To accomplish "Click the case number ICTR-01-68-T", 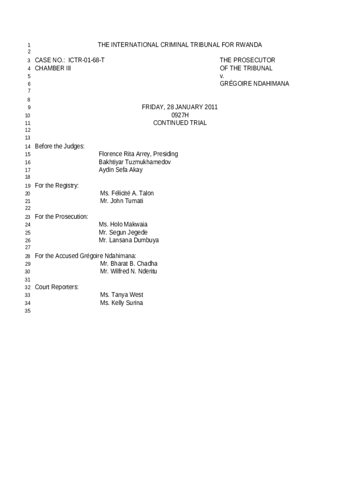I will (86, 60).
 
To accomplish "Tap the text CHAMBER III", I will (53, 68).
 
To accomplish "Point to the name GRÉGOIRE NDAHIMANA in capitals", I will (254, 84).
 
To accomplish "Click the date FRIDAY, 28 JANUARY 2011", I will (180, 107).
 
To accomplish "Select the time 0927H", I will (180, 115).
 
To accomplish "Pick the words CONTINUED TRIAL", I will (180, 123).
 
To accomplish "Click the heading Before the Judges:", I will (59, 146).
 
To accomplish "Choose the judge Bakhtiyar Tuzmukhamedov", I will (135, 162).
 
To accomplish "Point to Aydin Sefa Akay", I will (121, 170).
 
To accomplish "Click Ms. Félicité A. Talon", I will (127, 193).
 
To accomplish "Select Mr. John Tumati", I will (122, 201).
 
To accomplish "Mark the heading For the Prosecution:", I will (61, 217).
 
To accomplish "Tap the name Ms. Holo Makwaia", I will (123, 225).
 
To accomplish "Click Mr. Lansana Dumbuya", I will (129, 240).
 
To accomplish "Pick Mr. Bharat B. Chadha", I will (129, 264).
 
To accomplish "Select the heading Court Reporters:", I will (57, 287).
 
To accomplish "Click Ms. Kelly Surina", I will (122, 303).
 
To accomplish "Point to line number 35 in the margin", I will (28, 312).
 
